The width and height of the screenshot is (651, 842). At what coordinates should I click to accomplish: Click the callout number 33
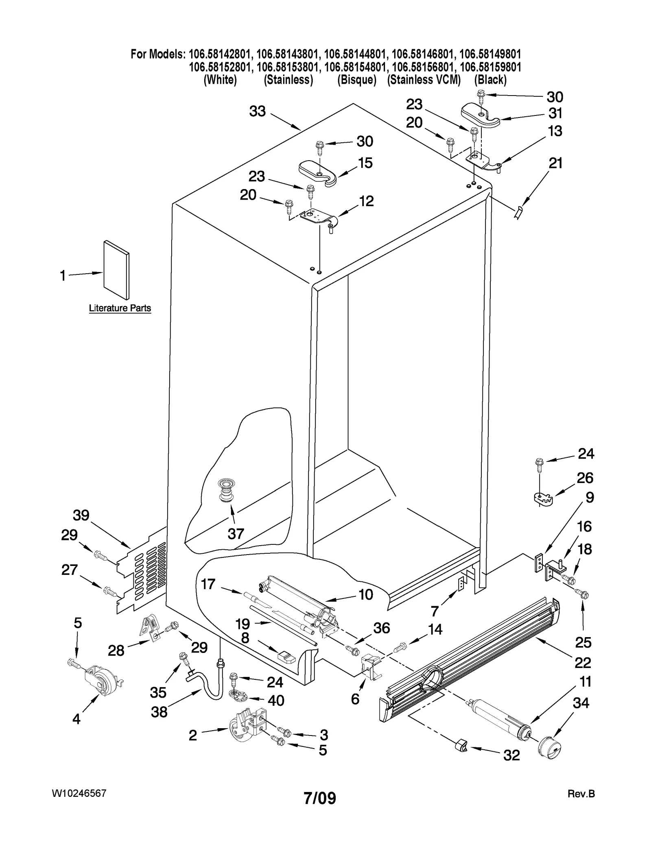point(257,111)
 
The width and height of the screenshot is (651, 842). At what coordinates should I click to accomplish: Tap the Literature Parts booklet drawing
point(116,269)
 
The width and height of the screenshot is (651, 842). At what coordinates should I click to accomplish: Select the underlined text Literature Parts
point(120,308)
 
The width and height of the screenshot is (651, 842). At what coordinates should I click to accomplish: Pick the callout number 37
point(236,533)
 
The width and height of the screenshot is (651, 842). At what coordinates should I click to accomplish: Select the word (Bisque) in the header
point(356,80)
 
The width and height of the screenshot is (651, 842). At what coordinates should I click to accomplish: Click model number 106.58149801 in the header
point(490,54)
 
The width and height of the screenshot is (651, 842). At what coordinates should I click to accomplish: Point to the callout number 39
point(81,515)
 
